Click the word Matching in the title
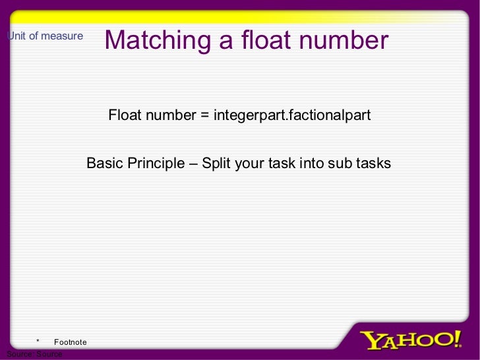click(158, 40)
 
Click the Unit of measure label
click(45, 36)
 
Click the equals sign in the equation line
click(204, 116)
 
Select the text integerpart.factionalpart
click(291, 116)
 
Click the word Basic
click(104, 163)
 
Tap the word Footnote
click(70, 342)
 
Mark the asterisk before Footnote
click(38, 341)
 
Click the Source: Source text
click(34, 354)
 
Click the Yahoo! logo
click(411, 340)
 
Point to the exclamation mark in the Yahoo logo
click(457, 339)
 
